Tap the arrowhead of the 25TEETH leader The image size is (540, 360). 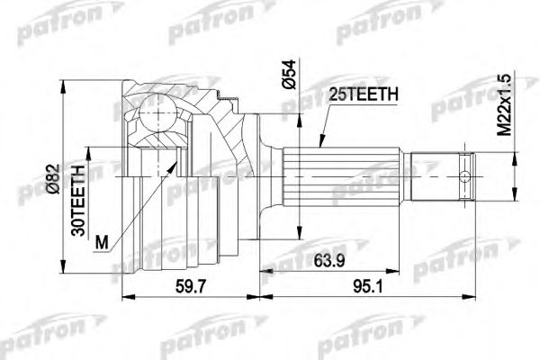coord(321,144)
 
